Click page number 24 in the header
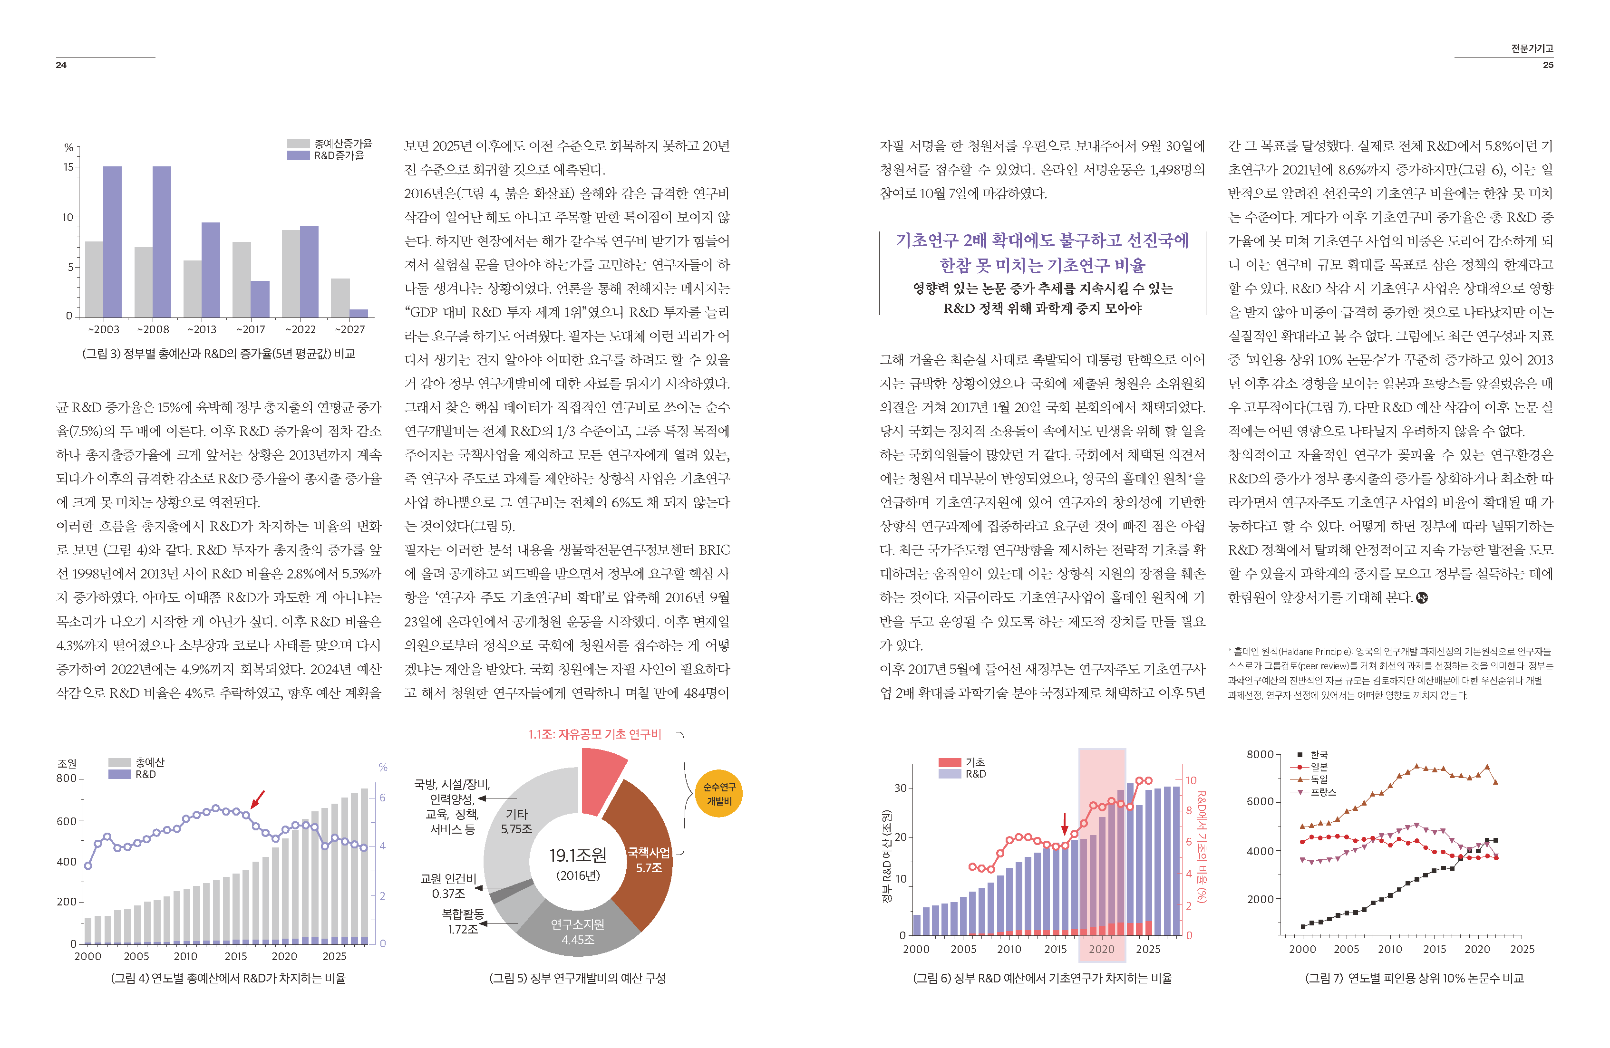point(61,65)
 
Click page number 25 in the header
point(1548,65)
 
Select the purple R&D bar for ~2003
point(112,241)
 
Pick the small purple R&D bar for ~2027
point(359,313)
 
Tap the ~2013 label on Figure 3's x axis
point(202,329)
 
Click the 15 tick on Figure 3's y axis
point(68,166)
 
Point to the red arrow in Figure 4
point(257,800)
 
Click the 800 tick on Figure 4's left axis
point(66,778)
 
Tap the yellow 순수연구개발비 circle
point(718,793)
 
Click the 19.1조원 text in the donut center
point(578,856)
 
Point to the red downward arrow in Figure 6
point(1064,824)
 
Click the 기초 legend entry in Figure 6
point(975,762)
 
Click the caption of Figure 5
point(577,978)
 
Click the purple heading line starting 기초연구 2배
point(1042,240)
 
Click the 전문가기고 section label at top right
point(1532,48)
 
